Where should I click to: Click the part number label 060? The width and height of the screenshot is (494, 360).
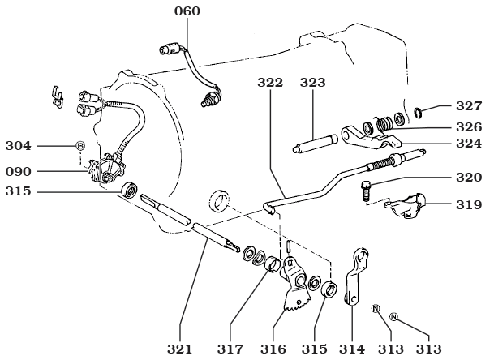click(x=187, y=11)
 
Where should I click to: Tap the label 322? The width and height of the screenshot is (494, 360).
click(x=272, y=82)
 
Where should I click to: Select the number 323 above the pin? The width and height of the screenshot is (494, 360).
click(x=313, y=82)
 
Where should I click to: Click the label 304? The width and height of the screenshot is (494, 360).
click(x=17, y=146)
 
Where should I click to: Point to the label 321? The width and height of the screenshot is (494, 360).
click(x=180, y=349)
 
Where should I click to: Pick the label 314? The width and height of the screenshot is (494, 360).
click(x=352, y=349)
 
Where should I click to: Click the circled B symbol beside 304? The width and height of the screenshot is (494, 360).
click(x=79, y=146)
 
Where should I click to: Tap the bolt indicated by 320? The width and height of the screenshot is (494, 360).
click(x=367, y=191)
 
